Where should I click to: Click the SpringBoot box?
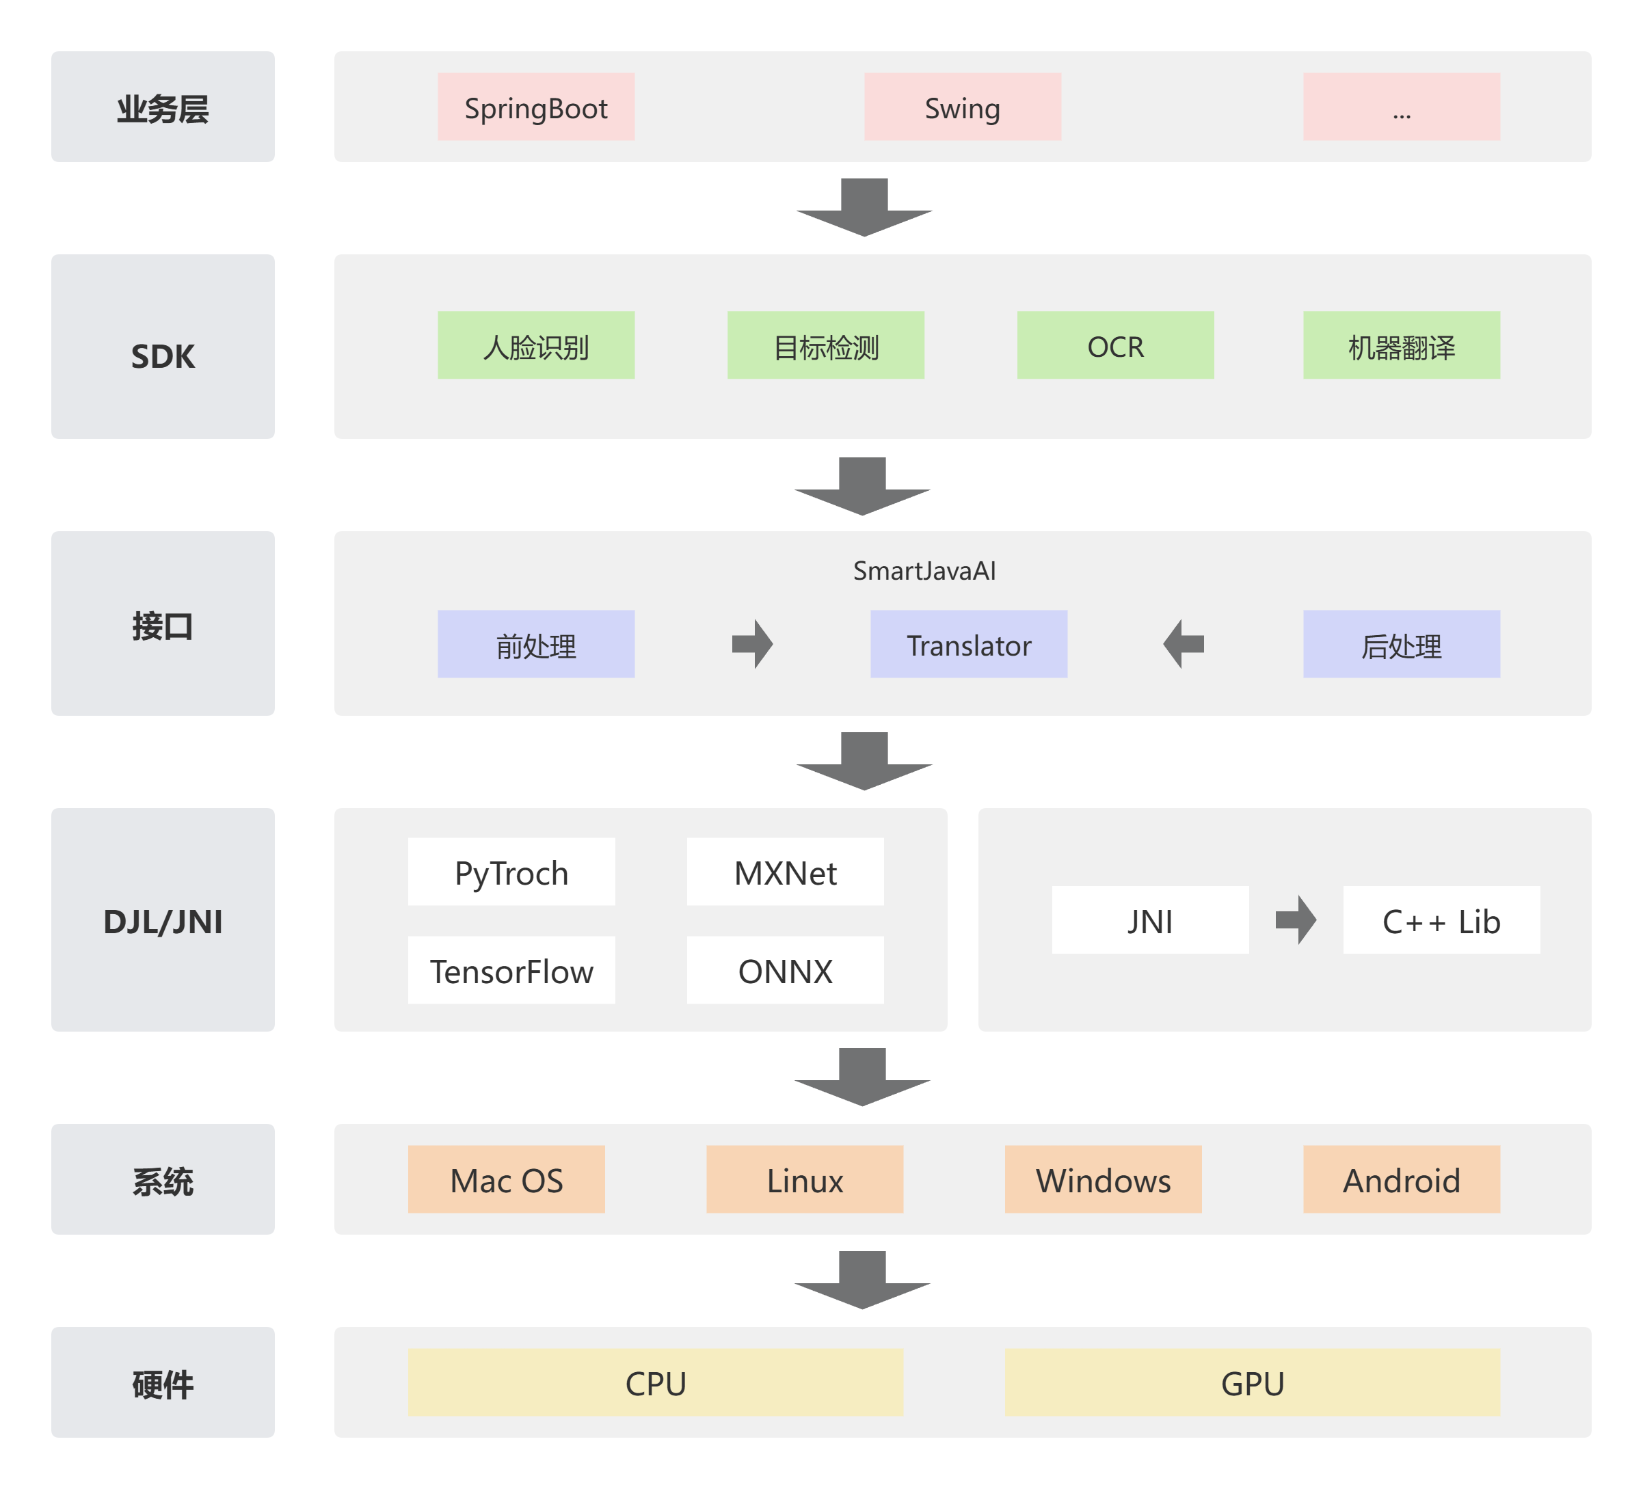click(535, 107)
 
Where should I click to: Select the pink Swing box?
click(962, 107)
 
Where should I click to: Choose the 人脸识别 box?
click(535, 345)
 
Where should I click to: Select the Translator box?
click(968, 644)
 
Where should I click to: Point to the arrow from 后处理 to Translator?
click(1184, 644)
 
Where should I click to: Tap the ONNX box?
click(785, 970)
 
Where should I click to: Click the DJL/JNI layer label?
click(163, 920)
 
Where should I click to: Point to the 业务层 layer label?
click(163, 107)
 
